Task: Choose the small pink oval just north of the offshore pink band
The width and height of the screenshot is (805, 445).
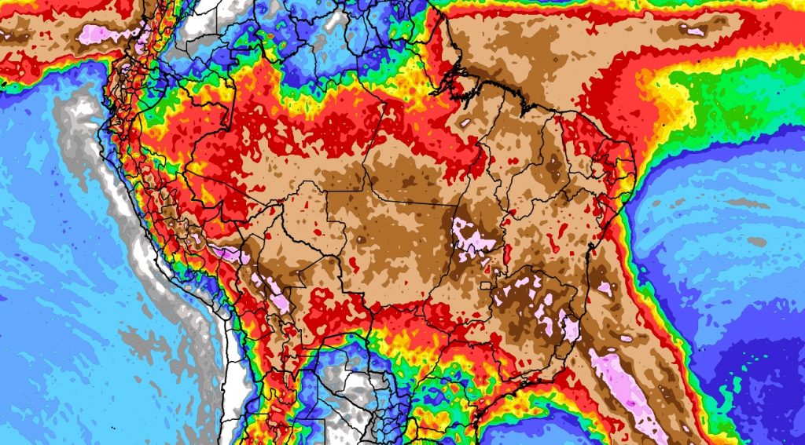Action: [x=627, y=339]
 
